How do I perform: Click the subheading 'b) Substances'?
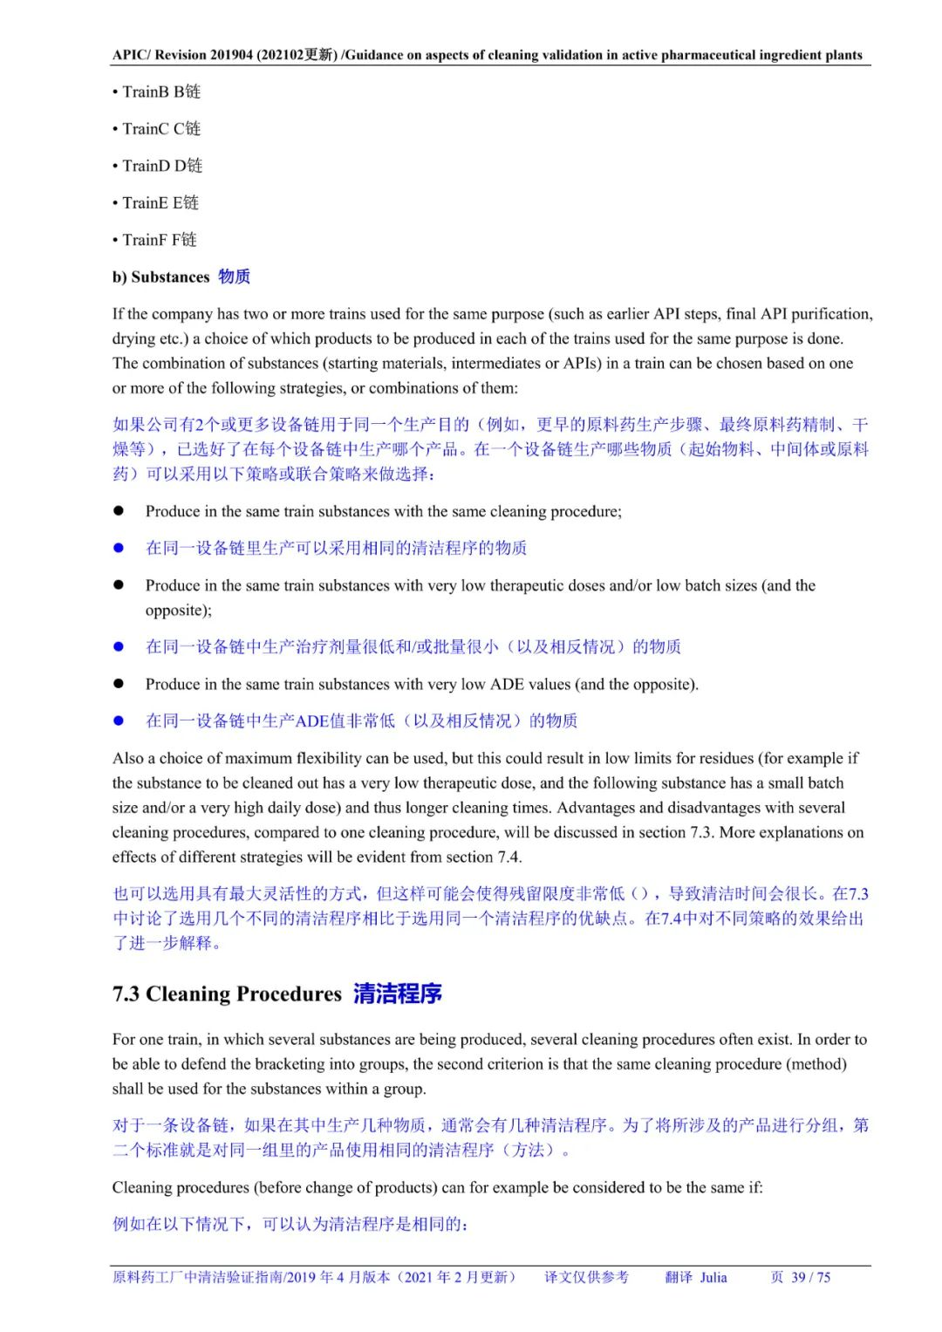pos(160,277)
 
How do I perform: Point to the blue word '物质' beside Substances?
pos(234,277)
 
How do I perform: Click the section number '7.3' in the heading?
pos(126,994)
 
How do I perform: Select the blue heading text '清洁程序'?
pos(398,994)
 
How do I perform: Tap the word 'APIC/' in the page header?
pos(132,55)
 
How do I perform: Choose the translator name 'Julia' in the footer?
pos(713,1277)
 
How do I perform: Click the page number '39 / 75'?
pos(810,1277)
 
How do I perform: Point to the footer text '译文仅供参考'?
pos(586,1277)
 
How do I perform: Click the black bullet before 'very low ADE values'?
pos(119,684)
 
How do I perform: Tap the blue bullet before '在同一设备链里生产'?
pos(119,548)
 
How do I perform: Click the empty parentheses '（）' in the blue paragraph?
pos(639,893)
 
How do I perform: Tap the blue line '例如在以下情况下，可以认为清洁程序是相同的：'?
pos(290,1224)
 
